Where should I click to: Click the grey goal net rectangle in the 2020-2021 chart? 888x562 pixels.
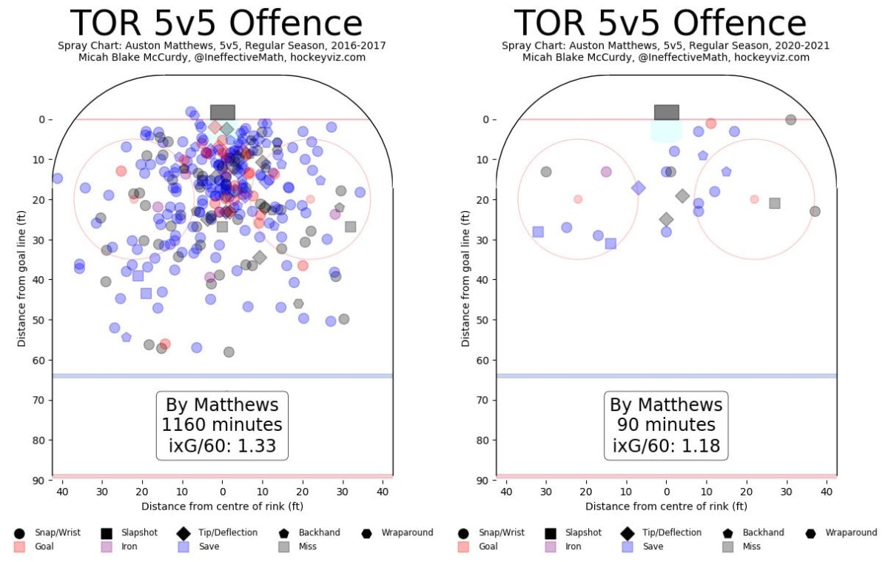(666, 113)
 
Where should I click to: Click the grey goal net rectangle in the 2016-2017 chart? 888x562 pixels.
(222, 113)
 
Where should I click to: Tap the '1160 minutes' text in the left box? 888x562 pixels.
(222, 425)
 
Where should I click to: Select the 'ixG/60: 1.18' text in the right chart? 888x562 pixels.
(666, 446)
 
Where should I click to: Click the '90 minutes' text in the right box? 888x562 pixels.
(666, 425)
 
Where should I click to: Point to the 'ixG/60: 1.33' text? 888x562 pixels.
(222, 446)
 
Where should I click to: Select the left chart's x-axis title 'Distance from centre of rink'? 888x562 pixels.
(222, 506)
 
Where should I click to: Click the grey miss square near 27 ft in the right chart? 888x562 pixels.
(774, 203)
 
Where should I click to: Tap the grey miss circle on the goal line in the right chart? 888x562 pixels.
(790, 119)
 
